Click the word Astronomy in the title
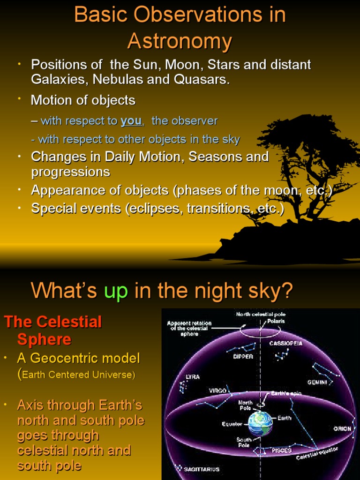click(180, 41)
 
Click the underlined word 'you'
click(131, 121)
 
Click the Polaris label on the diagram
click(276, 322)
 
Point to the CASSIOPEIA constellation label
click(286, 343)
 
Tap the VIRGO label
click(217, 390)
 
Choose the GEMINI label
click(317, 382)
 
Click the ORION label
click(342, 428)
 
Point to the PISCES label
click(281, 450)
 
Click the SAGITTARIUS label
click(202, 469)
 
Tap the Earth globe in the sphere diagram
click(260, 423)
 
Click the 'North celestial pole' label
click(261, 314)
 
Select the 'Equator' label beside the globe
click(232, 424)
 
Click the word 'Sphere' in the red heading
click(44, 339)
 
